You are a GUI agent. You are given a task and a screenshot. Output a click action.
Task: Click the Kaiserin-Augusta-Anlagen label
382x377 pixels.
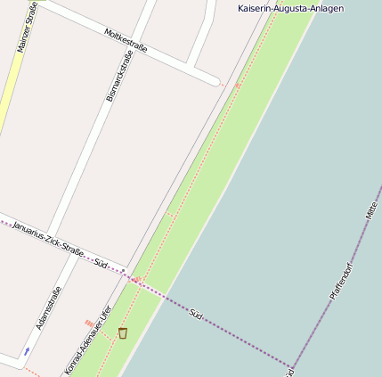tap(290, 8)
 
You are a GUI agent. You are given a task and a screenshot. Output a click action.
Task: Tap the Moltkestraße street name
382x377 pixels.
tap(126, 39)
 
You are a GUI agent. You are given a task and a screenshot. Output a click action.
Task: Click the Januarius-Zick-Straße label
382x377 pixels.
tap(48, 238)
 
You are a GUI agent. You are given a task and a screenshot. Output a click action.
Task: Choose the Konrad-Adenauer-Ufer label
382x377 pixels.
tap(87, 341)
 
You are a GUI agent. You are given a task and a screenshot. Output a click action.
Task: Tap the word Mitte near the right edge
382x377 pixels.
tap(371, 210)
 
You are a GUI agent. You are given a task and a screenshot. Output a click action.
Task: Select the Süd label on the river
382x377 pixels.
tap(197, 313)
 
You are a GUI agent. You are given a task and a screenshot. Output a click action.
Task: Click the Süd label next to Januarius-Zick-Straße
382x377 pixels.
tap(101, 264)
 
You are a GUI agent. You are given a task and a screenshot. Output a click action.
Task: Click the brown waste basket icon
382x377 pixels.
tap(123, 332)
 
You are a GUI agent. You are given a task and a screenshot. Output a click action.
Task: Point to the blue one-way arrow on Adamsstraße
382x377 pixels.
tap(27, 351)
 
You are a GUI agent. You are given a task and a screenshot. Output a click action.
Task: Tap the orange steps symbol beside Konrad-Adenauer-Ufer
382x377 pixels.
tap(89, 322)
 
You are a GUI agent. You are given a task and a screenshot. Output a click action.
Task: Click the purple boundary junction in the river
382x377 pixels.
tap(291, 366)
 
